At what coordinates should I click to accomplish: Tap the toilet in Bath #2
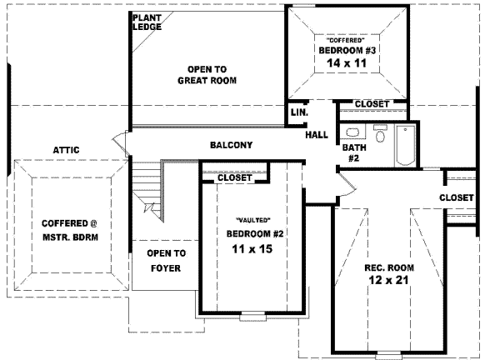[352, 132]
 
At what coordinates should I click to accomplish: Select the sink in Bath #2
[381, 133]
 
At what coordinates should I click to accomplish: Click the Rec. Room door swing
[344, 184]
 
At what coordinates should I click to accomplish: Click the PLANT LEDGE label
[147, 22]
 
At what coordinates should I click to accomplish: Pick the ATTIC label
[66, 149]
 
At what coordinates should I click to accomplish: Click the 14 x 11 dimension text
[347, 63]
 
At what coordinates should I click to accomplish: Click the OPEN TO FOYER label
[166, 260]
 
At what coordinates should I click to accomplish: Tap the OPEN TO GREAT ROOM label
[207, 75]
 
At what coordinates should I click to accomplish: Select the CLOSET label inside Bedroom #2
[234, 177]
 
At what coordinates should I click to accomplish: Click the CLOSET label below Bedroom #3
[372, 103]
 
